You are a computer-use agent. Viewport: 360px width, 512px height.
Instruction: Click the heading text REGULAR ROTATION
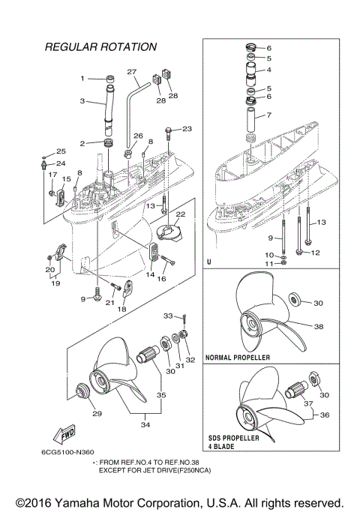point(100,47)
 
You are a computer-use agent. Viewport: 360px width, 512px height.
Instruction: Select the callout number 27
point(132,73)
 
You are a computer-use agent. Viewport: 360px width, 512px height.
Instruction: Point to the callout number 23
point(187,128)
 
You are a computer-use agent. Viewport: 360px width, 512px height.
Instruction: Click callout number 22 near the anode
point(180,214)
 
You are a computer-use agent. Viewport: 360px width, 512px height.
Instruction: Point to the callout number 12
point(316,253)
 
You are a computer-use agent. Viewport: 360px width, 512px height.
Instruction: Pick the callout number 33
point(168,316)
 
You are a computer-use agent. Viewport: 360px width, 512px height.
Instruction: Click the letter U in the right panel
point(208,262)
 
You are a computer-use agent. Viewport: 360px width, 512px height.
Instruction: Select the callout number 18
point(121,308)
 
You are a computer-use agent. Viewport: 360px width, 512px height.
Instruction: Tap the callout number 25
point(61,151)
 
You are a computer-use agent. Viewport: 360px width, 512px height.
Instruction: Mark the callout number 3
point(82,100)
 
